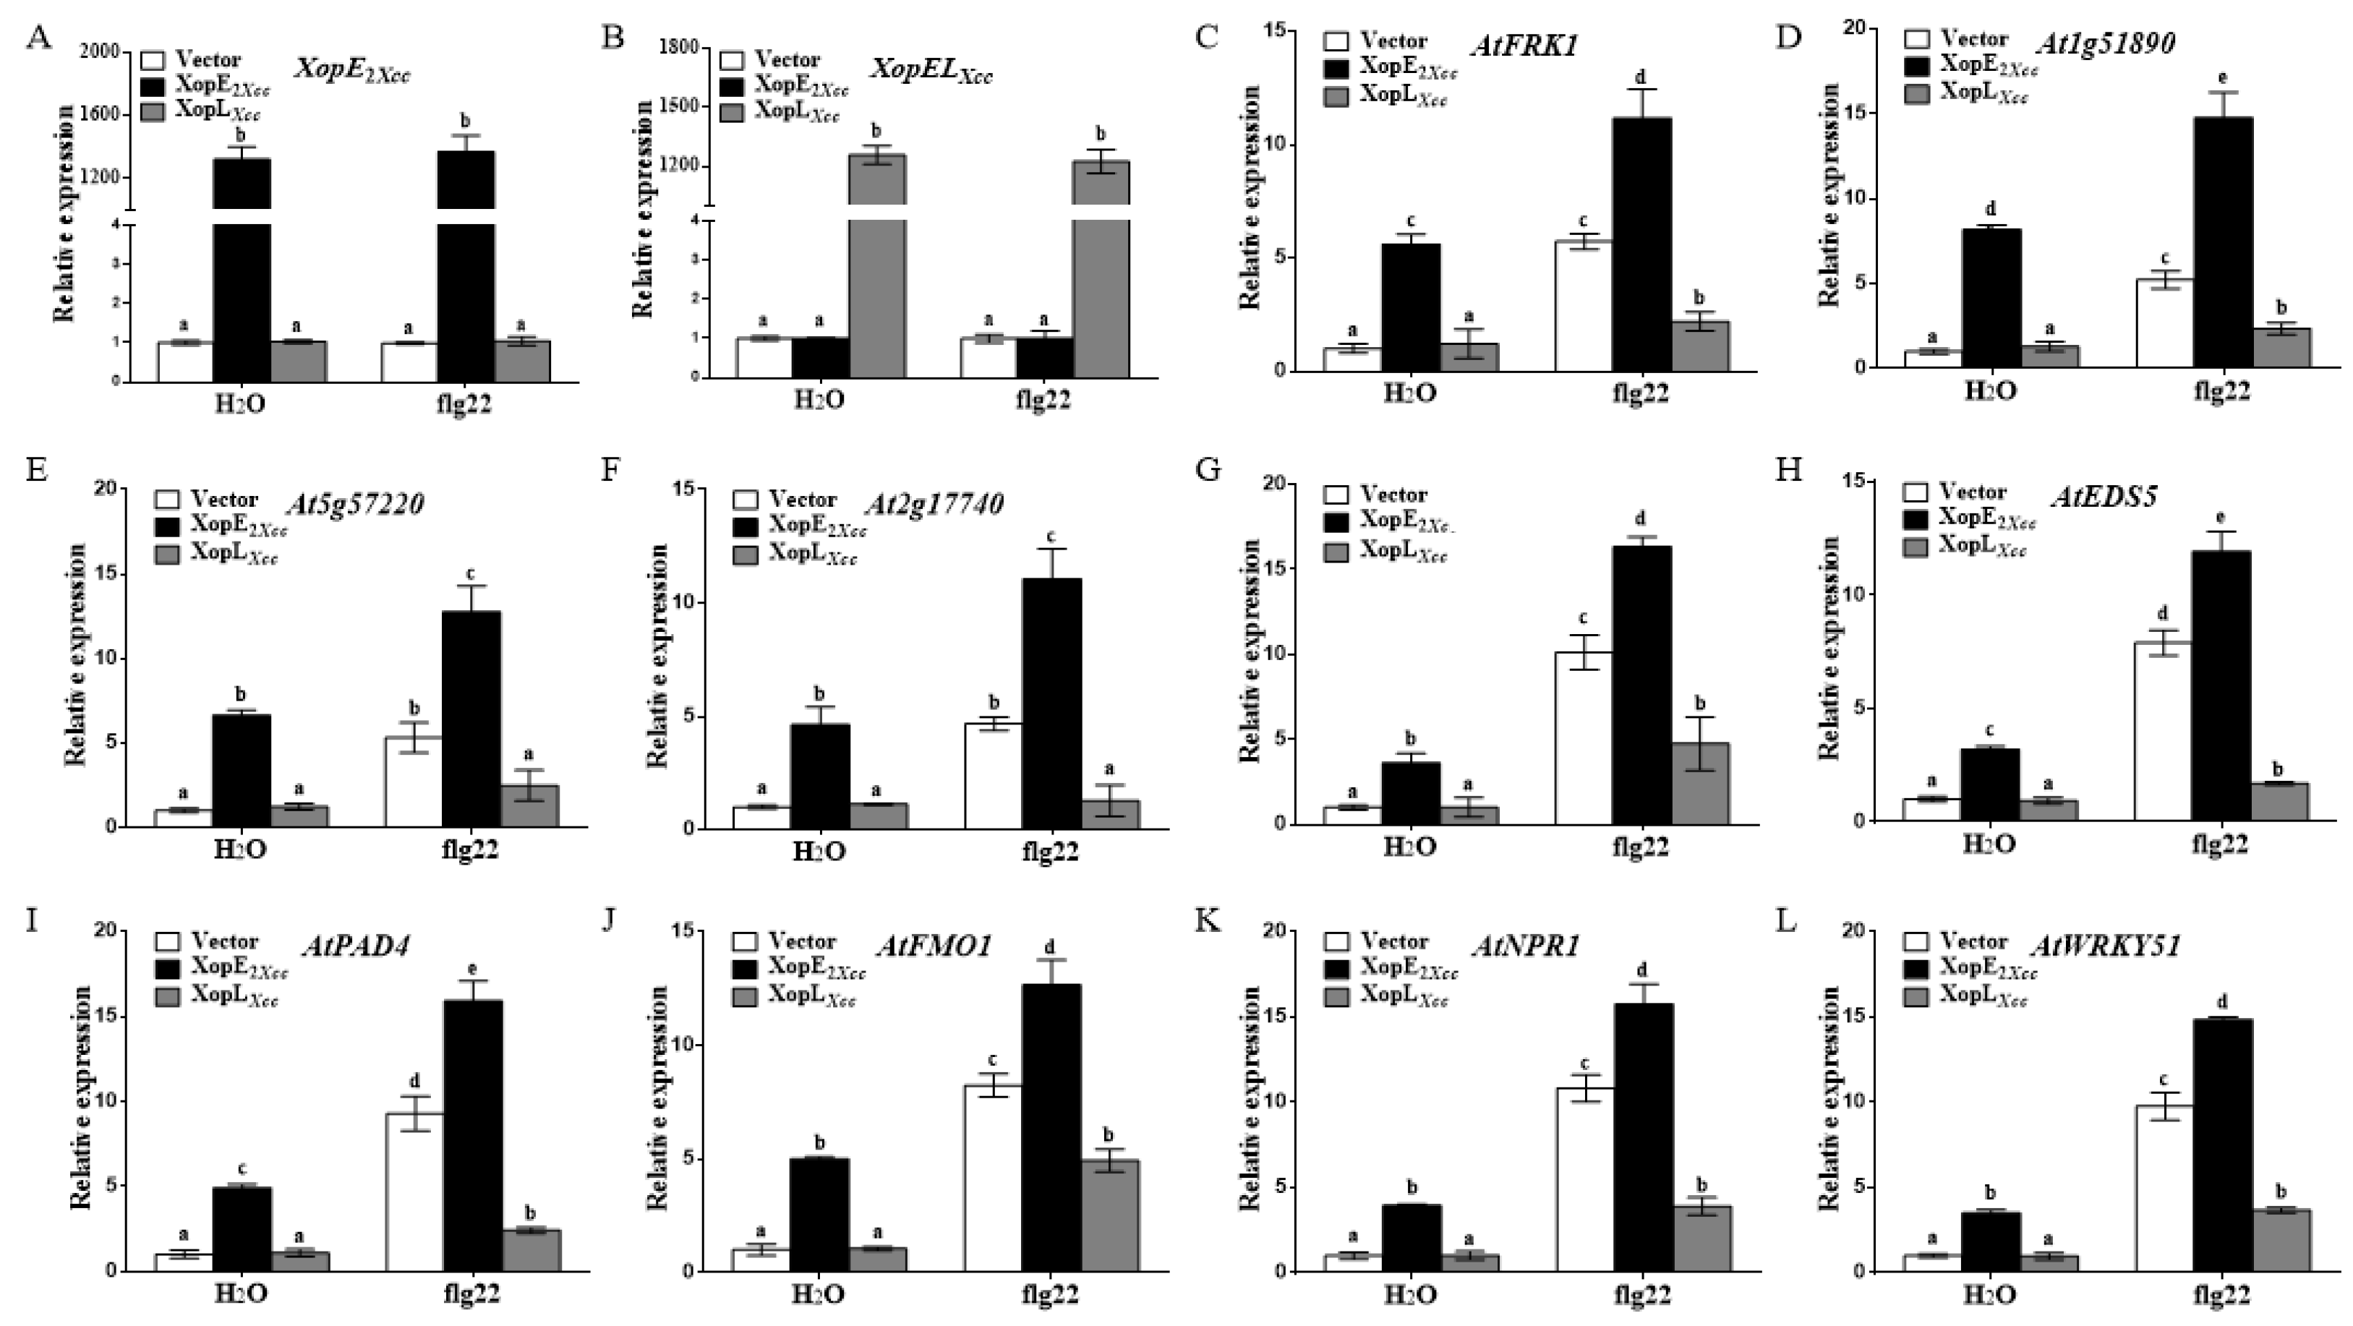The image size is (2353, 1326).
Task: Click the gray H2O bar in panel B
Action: point(877,265)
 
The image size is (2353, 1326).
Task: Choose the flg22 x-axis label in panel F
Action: point(1051,852)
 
